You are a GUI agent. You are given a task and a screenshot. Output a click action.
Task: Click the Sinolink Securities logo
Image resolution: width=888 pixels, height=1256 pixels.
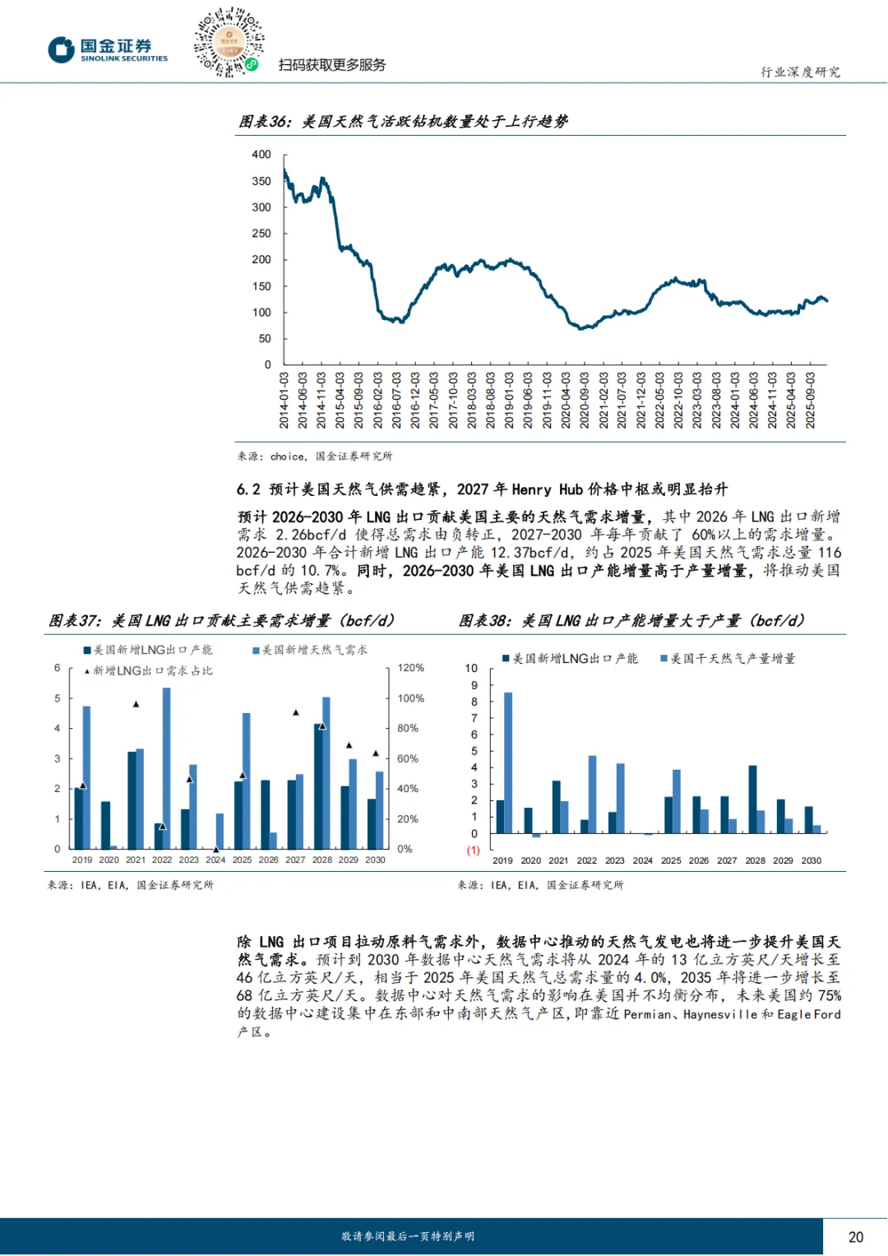click(107, 49)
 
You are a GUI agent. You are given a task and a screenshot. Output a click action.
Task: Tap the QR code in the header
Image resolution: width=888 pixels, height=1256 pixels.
click(229, 42)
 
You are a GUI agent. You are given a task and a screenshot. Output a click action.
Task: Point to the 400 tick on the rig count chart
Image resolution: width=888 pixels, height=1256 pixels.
click(261, 155)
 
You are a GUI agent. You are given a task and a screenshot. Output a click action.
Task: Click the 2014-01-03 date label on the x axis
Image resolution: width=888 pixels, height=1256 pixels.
click(284, 400)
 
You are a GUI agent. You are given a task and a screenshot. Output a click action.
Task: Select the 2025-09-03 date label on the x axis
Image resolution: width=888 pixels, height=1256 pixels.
click(811, 400)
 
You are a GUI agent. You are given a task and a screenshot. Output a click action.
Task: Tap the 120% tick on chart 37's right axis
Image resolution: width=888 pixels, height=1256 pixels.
click(411, 668)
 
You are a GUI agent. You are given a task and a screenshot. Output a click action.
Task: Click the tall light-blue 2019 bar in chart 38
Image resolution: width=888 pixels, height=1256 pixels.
click(508, 762)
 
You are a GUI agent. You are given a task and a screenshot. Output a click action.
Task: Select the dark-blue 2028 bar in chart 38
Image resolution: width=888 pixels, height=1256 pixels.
click(752, 799)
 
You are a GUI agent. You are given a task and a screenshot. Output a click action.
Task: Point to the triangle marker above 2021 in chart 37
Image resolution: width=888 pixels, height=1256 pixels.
click(136, 704)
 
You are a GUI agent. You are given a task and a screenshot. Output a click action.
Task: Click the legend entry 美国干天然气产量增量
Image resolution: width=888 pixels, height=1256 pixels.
click(728, 659)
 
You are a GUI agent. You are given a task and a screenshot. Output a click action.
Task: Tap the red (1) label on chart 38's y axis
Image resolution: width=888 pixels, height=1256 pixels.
click(474, 850)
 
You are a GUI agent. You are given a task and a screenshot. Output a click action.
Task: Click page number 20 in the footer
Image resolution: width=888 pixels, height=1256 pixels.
click(855, 1237)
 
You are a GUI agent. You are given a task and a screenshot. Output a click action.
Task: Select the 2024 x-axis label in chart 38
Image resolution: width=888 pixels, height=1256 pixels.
click(643, 860)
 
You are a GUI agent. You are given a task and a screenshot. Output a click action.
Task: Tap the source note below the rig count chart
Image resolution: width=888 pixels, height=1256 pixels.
click(315, 456)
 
